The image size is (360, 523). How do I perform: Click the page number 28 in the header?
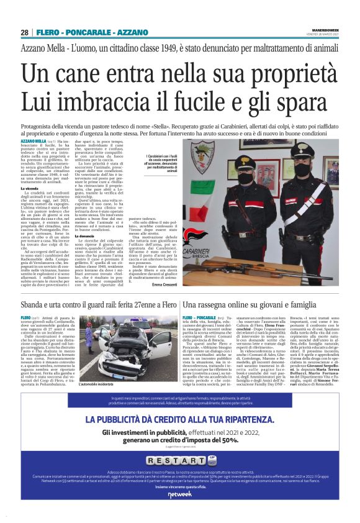tap(24, 32)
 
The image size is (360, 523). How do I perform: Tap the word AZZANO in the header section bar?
tap(132, 32)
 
